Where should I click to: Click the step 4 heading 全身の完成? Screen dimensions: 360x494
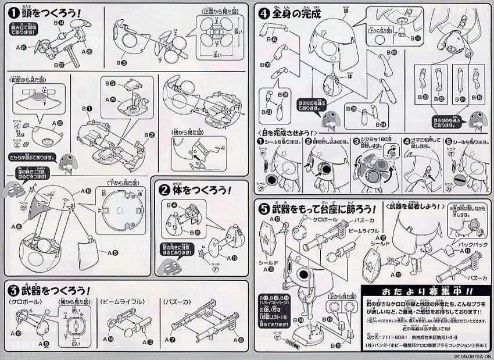pyautogui.click(x=294, y=12)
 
